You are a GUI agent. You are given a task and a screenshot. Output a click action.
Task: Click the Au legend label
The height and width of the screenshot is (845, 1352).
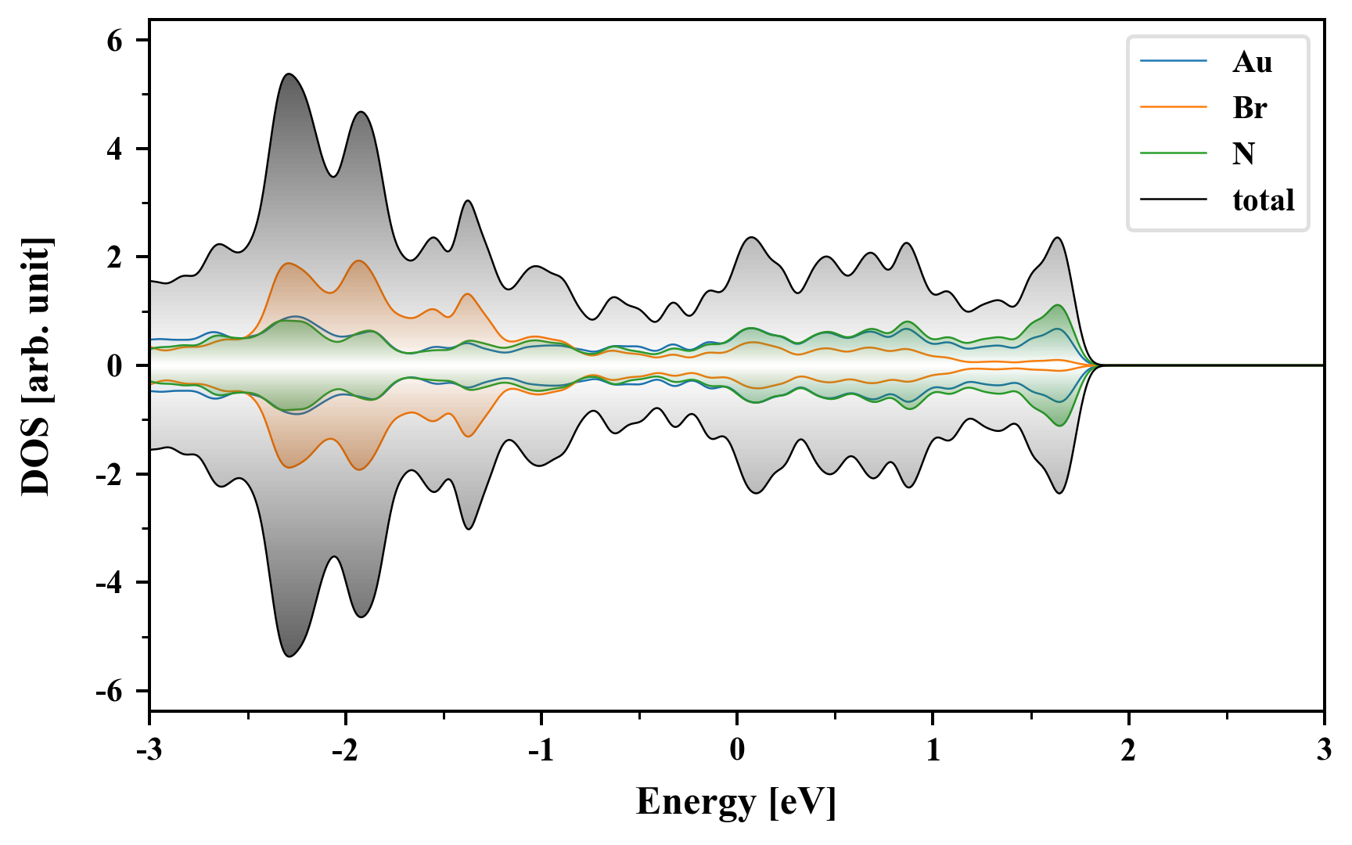point(1252,62)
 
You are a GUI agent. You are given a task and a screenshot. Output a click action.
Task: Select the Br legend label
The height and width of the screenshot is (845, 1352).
point(1250,107)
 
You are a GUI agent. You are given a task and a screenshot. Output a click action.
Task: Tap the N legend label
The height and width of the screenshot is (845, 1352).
point(1243,153)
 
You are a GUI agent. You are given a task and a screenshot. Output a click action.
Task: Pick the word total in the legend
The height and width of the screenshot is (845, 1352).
point(1263,200)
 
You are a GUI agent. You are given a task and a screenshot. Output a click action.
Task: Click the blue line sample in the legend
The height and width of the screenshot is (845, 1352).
point(1173,62)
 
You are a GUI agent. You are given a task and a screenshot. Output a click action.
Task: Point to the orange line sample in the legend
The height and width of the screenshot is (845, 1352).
point(1173,107)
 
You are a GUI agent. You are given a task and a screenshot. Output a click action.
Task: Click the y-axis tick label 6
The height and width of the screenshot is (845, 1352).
point(115,41)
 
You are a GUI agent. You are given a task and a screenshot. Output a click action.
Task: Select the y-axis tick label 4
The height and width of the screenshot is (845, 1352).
point(115,149)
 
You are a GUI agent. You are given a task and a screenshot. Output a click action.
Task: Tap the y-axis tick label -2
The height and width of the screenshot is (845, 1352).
point(110,474)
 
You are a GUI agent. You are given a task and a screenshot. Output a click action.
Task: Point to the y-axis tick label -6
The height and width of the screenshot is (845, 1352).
point(110,692)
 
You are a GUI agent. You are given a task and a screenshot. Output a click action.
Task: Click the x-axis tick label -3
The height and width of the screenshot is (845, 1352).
point(149,750)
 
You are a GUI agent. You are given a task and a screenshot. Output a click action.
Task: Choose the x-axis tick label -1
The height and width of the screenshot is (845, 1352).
point(540,750)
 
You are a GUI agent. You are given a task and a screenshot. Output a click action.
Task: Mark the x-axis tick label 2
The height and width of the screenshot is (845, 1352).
point(1128,750)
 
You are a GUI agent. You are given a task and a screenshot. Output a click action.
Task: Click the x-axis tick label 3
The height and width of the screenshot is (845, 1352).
point(1324,750)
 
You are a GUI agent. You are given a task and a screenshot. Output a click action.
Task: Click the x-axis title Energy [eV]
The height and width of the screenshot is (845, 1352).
point(735,802)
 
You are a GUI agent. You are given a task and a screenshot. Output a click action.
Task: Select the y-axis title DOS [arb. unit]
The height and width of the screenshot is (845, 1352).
point(35,365)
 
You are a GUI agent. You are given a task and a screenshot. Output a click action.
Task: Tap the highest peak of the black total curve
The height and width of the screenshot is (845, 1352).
point(289,74)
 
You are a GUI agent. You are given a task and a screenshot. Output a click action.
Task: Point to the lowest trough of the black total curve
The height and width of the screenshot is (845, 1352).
point(289,656)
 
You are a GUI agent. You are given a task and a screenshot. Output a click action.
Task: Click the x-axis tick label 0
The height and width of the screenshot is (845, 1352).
point(737,750)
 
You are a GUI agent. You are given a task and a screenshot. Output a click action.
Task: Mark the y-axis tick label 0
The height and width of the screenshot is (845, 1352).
point(115,366)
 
